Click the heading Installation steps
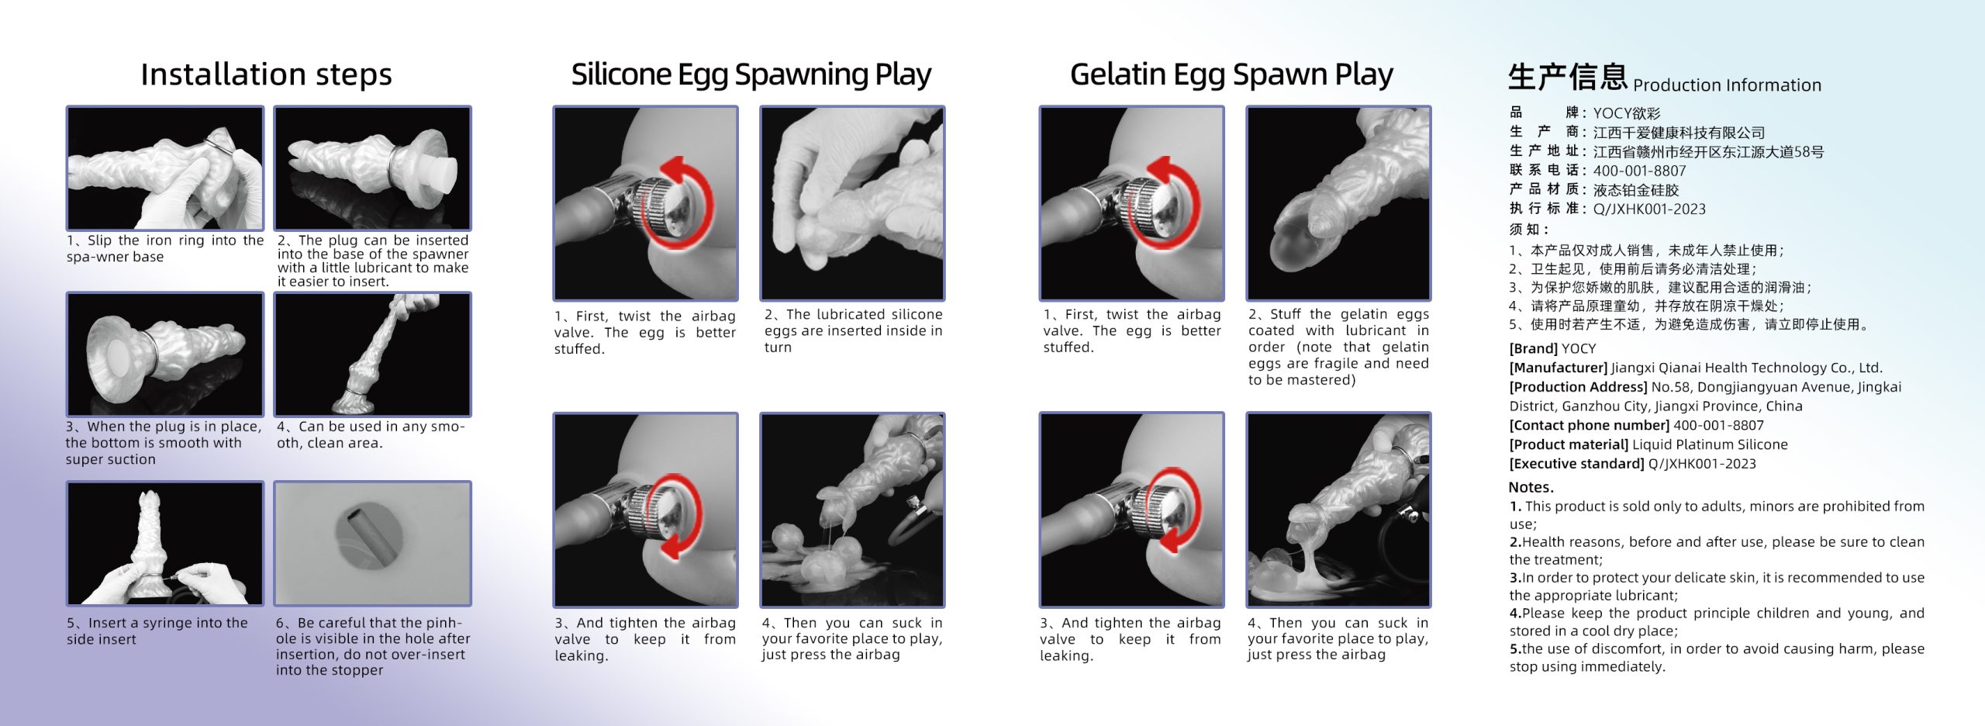266,74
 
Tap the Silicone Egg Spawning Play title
751,74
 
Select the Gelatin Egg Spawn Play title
1231,74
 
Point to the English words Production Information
1727,85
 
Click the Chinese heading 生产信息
1567,77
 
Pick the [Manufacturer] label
1558,368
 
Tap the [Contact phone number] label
1589,426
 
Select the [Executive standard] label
1576,464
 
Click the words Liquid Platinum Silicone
1710,444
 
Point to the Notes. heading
1531,487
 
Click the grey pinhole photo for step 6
372,543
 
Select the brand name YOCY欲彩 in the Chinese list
1626,113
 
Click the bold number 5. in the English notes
1515,649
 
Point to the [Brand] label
1533,349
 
